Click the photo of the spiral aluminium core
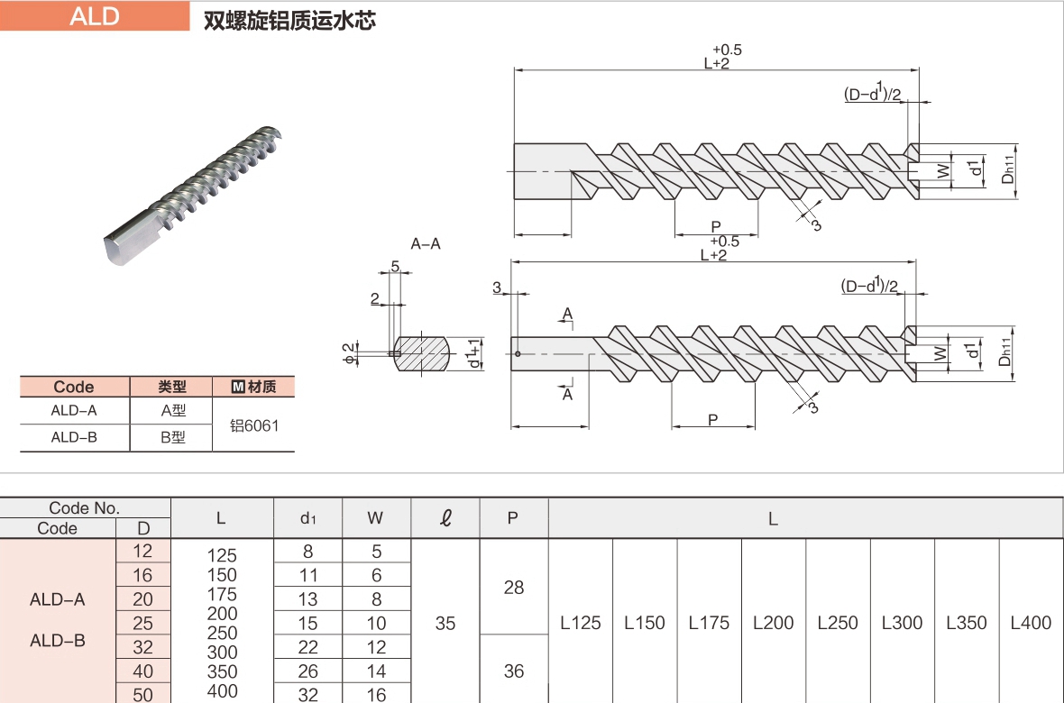pyautogui.click(x=194, y=199)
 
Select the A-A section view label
pyautogui.click(x=426, y=243)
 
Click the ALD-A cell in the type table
pyautogui.click(x=74, y=412)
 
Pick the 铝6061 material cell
pyautogui.click(x=253, y=425)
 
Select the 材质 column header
pyautogui.click(x=253, y=387)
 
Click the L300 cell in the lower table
pyautogui.click(x=902, y=623)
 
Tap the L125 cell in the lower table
pyautogui.click(x=580, y=623)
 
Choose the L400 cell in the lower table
pyautogui.click(x=1031, y=623)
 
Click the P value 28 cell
pyautogui.click(x=513, y=588)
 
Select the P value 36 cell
pyautogui.click(x=513, y=671)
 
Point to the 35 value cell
pyautogui.click(x=445, y=623)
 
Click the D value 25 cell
pyautogui.click(x=143, y=623)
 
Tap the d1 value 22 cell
pyautogui.click(x=307, y=647)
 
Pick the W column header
pyautogui.click(x=376, y=518)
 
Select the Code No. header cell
pyautogui.click(x=85, y=508)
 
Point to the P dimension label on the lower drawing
pyautogui.click(x=712, y=420)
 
